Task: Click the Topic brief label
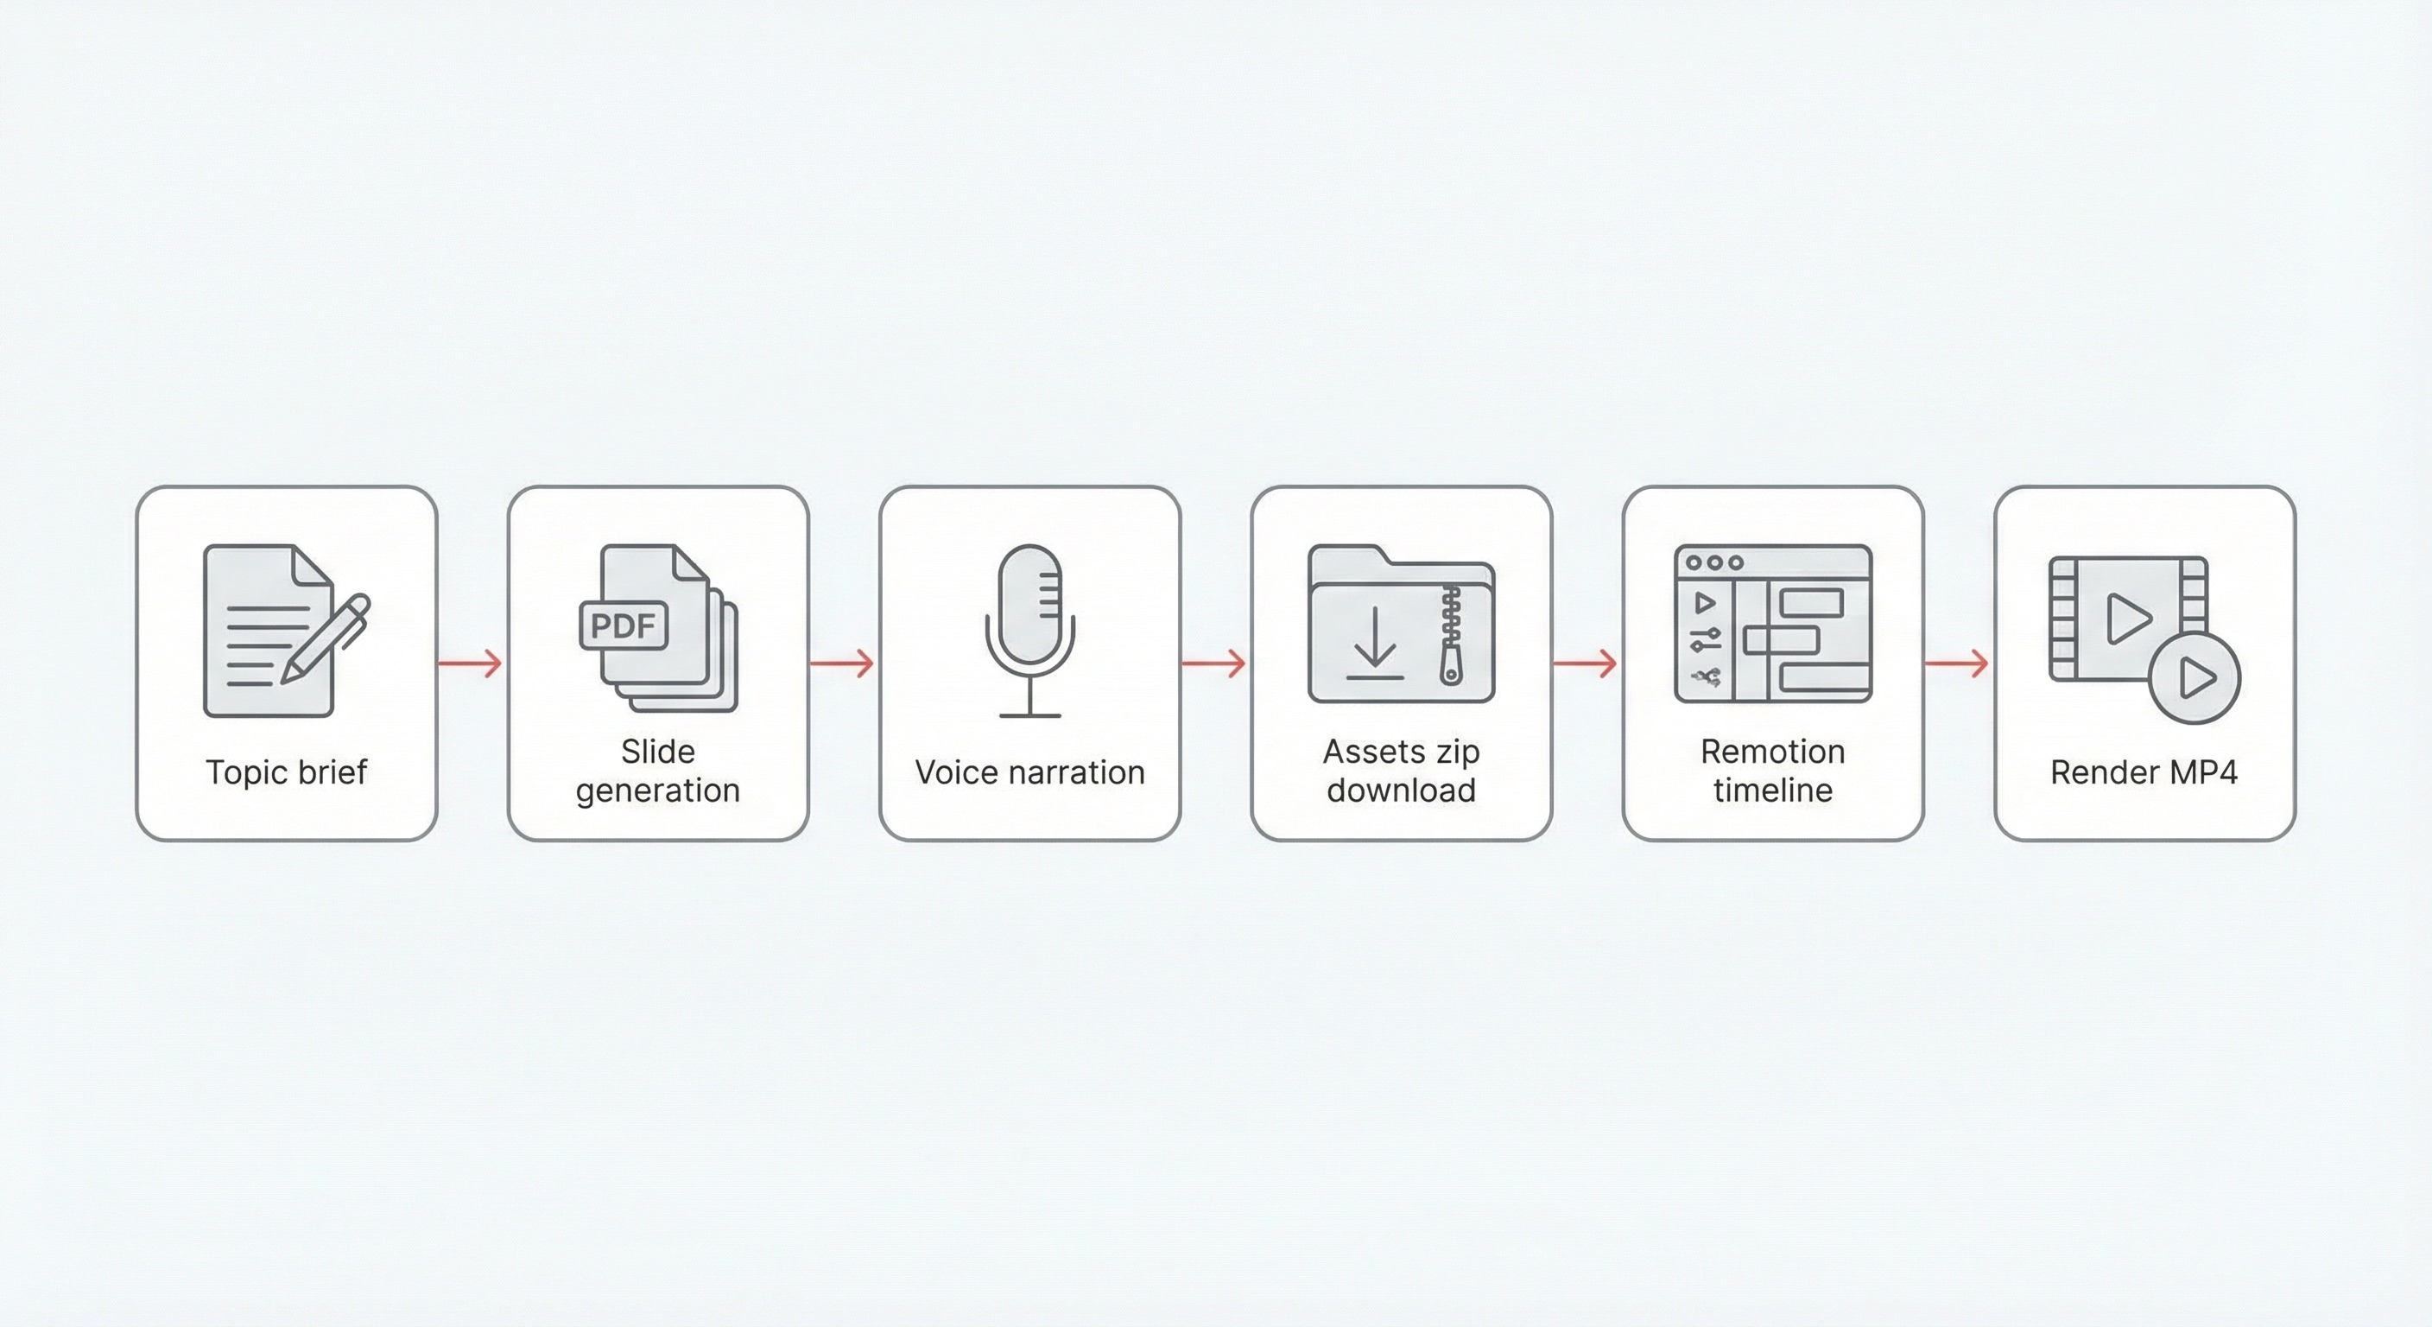point(286,772)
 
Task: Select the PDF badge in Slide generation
point(623,625)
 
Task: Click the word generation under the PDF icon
point(658,790)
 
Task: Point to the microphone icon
point(1030,628)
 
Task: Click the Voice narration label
point(1029,772)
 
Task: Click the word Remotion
point(1772,752)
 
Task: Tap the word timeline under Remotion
point(1772,790)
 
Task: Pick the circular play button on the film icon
point(2195,678)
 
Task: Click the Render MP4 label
point(2144,772)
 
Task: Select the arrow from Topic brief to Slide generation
point(471,664)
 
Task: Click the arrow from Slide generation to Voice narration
point(843,664)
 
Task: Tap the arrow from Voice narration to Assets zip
point(1215,664)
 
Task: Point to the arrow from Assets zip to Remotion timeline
point(1586,664)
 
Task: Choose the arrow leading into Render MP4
point(1958,664)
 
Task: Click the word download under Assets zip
point(1401,790)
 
